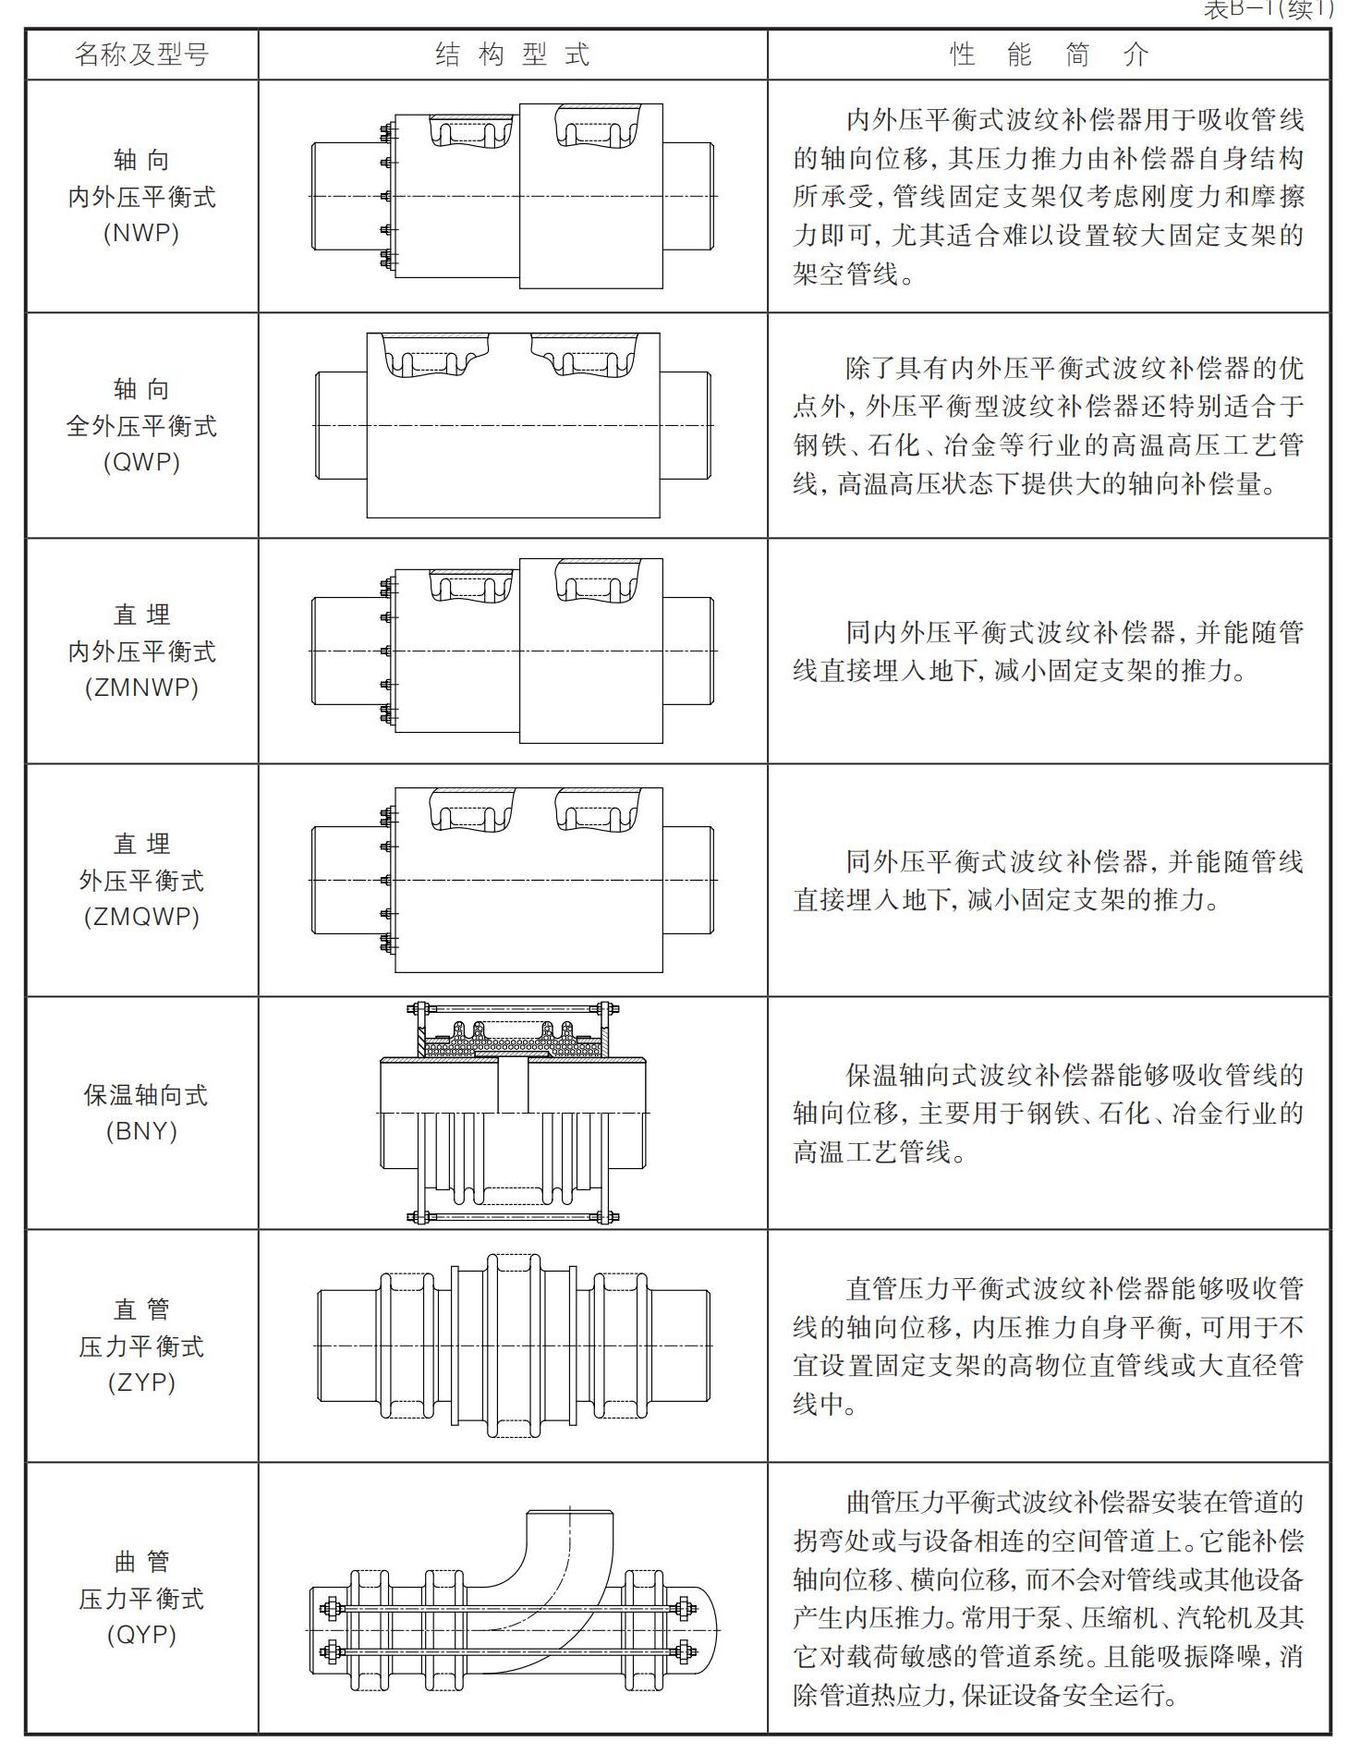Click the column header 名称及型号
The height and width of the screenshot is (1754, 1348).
coord(141,55)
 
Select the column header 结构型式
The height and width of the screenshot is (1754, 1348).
coord(512,55)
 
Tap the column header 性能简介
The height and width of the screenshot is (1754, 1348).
coord(1048,55)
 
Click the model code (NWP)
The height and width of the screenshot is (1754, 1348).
coord(141,232)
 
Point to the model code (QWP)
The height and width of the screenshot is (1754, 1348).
coord(141,461)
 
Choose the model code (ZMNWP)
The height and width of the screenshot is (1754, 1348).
coord(141,688)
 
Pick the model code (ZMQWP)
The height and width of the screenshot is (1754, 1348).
coord(141,917)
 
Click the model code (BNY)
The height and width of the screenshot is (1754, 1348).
coord(141,1131)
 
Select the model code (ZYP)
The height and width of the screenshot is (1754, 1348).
coord(141,1382)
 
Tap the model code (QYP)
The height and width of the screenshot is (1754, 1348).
coord(141,1635)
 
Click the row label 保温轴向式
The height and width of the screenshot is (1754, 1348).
coord(145,1095)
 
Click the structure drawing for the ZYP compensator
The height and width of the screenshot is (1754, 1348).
coord(513,1346)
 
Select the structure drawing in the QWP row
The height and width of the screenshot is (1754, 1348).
coord(513,425)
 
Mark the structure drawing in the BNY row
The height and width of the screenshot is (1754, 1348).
coord(513,1113)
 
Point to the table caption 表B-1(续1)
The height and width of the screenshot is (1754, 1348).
coord(1270,11)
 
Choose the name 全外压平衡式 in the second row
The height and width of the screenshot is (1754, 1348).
coord(141,426)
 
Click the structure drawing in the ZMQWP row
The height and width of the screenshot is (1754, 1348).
coord(513,880)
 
